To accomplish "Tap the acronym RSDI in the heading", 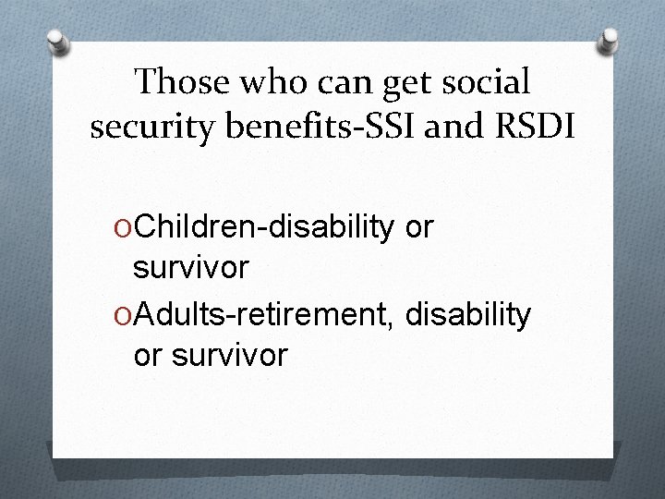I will click(x=539, y=127).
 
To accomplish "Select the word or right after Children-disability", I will click(x=419, y=227).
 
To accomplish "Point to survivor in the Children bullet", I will click(x=190, y=269).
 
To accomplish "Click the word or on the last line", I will click(x=149, y=355).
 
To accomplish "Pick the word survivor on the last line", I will click(x=230, y=355).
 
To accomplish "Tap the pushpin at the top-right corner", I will click(x=609, y=38).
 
